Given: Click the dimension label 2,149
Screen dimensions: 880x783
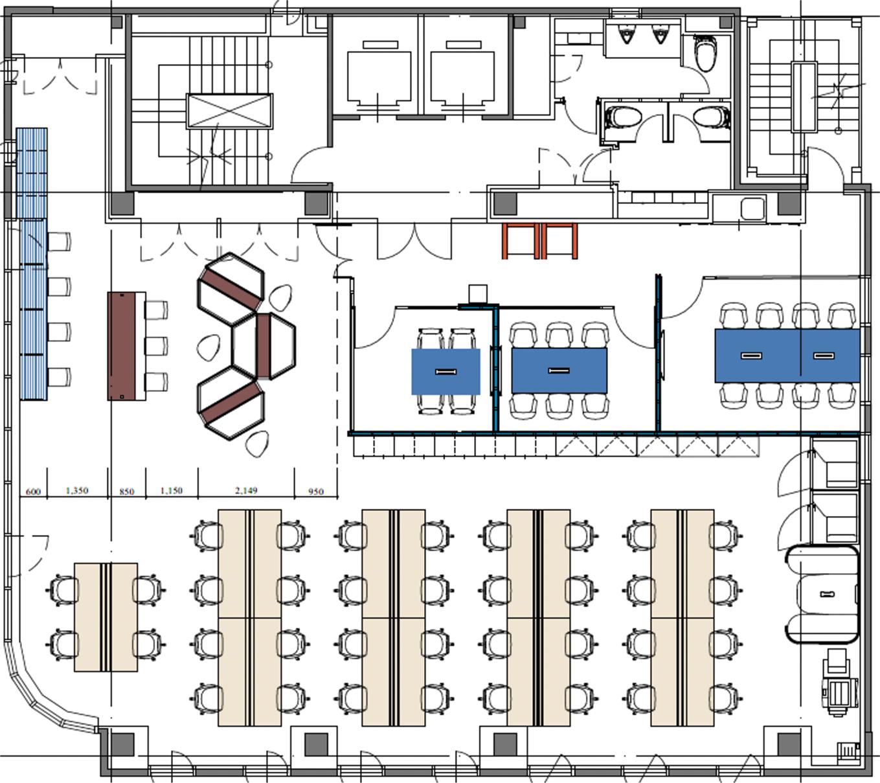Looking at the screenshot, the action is coord(246,490).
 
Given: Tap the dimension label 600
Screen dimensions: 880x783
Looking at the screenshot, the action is coord(34,492).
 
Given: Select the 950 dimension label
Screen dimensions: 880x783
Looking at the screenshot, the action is coord(316,492).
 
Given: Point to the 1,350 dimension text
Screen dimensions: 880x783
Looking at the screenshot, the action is coord(77,490).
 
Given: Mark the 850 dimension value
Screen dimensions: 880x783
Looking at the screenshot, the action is coord(126,492).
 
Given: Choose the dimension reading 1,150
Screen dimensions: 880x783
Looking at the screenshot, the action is coord(172,490).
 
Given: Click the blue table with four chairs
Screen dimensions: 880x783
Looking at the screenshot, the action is coord(446,372).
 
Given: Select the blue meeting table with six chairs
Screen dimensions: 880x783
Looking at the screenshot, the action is coord(559,370).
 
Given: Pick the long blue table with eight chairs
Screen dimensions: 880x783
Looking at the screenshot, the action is coord(787,356).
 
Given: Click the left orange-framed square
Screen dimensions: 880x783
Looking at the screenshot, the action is coord(521,241).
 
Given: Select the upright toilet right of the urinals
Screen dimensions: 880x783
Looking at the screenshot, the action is coord(705,52).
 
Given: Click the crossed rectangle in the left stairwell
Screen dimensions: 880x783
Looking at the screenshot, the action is coord(229,111).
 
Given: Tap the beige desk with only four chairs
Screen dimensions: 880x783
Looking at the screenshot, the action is coord(106,617).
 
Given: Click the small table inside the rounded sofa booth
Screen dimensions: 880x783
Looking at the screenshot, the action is coord(826,594).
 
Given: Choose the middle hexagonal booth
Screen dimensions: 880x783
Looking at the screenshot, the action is coord(264,346).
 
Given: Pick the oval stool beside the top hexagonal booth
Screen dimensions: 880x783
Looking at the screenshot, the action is coord(280,298).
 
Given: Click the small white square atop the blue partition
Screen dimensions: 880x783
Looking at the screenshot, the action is coord(478,293).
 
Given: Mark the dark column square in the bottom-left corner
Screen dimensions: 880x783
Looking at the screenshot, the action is coord(122,745).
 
